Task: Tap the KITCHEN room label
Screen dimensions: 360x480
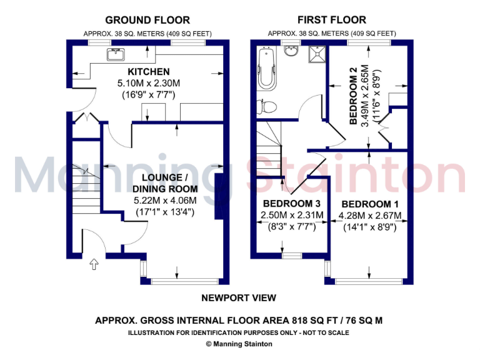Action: pos(149,72)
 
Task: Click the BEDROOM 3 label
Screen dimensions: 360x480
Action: pos(292,204)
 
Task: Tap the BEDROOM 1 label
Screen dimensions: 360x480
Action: pos(371,204)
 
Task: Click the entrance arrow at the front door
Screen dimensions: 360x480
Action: pos(94,264)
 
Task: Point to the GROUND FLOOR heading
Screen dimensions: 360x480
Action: pos(147,20)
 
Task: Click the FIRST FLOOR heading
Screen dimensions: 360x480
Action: pos(332,20)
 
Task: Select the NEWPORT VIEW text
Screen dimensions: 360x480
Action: pos(239,298)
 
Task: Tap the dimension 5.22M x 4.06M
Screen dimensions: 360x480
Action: pos(165,200)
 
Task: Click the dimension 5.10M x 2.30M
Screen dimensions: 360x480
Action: pos(149,83)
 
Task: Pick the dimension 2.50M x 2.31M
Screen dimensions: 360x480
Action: pos(292,216)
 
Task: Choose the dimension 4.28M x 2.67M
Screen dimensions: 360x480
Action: pos(371,216)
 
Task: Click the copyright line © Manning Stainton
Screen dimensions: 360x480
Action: pos(239,344)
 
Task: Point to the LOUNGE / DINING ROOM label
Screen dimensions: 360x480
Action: pos(165,182)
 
